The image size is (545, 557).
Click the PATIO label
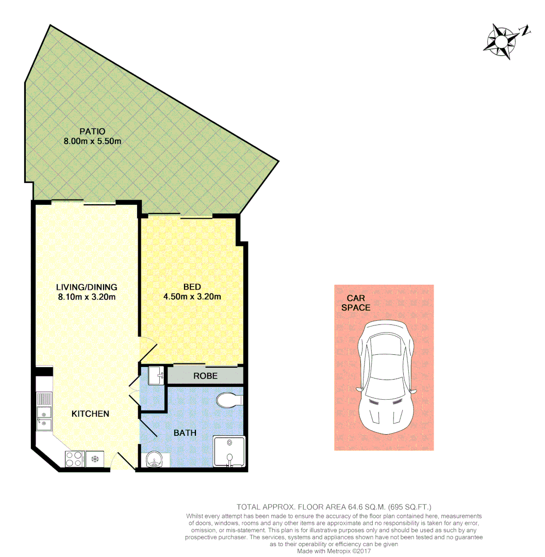[x=92, y=132]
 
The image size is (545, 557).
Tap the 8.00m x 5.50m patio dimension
[x=92, y=141]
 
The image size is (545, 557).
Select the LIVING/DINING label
[x=87, y=287]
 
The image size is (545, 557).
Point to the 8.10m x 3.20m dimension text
[x=87, y=297]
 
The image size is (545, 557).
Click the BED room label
[x=192, y=287]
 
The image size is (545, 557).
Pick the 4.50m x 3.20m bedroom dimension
[x=192, y=297]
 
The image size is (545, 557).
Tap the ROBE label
[x=205, y=376]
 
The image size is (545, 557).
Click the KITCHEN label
[x=90, y=414]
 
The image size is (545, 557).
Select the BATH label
[x=185, y=433]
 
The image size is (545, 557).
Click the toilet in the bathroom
[x=229, y=400]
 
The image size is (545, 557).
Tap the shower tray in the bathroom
[x=229, y=452]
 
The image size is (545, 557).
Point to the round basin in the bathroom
[x=154, y=459]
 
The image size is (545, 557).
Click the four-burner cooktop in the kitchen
[x=74, y=458]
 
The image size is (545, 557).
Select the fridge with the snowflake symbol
[x=94, y=458]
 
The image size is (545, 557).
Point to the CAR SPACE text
[x=356, y=303]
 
